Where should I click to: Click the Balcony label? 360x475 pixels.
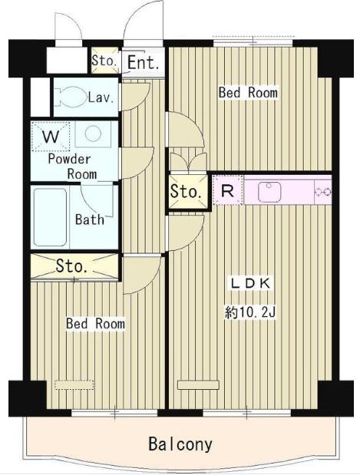180,444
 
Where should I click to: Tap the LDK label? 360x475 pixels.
250,283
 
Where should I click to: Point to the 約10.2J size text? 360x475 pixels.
250,312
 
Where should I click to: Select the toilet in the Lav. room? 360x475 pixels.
71,97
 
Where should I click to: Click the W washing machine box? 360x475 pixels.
51,137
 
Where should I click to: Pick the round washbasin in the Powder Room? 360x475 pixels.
93,134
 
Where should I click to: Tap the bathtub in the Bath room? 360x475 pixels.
50,217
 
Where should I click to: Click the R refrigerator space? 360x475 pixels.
227,190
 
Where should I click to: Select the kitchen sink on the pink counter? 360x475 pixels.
269,192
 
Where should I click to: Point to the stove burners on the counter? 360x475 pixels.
323,192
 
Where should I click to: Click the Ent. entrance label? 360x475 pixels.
143,62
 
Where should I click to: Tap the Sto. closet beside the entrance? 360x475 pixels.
105,61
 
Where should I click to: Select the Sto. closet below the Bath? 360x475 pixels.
74,266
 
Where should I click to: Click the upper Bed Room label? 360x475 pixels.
248,92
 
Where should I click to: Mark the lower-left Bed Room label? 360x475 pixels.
95,324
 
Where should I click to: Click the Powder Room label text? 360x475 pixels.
71,167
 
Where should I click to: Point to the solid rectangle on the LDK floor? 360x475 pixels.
198,384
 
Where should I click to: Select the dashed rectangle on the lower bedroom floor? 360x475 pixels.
74,384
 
